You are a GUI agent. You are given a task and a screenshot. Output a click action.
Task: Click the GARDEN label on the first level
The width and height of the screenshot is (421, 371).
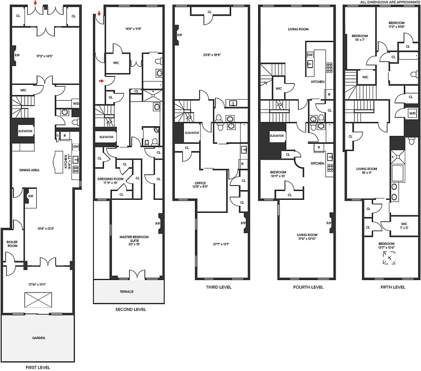[39, 338]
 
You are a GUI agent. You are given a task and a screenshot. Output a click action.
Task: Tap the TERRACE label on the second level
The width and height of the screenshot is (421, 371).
[126, 292]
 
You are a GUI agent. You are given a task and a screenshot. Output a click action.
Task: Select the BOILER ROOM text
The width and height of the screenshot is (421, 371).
[12, 243]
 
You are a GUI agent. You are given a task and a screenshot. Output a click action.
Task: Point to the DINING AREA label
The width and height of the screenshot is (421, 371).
[29, 170]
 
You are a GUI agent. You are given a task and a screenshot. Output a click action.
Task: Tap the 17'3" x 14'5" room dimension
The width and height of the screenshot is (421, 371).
[45, 56]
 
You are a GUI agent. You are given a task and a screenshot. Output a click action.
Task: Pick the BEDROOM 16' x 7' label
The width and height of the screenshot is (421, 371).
[360, 38]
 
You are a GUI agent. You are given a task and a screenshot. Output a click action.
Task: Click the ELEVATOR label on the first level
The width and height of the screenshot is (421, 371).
[25, 131]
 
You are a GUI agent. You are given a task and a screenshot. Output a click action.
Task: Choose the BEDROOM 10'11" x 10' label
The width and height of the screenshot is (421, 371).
[278, 174]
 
